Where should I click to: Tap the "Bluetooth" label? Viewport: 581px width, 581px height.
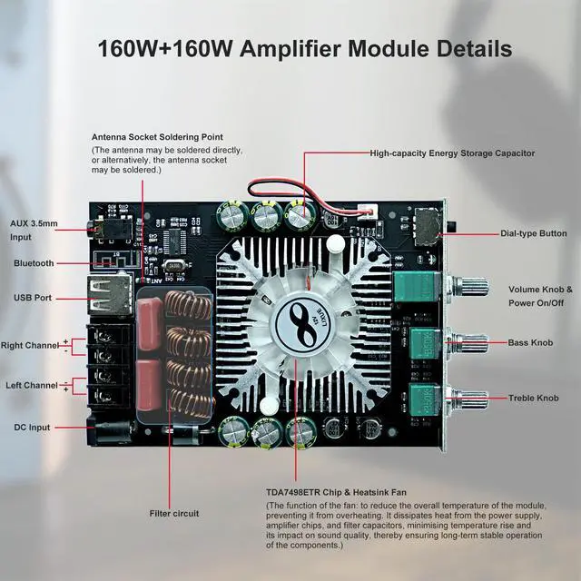point(34,263)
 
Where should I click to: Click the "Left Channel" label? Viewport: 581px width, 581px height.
point(32,386)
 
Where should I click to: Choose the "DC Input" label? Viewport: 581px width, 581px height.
point(33,427)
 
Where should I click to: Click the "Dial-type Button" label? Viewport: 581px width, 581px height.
point(534,233)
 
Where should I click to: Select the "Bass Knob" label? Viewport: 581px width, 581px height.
point(531,343)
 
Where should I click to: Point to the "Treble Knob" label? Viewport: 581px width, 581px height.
point(534,398)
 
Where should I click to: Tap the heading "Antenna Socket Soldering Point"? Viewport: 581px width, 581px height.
point(156,137)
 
